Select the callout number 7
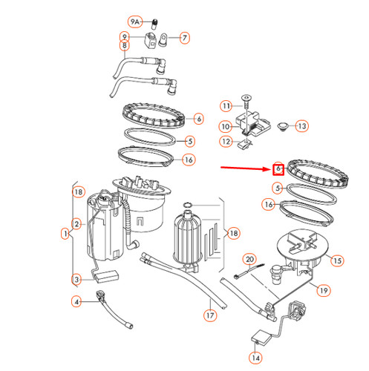point(184,36)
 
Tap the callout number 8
point(125,46)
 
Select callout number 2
point(76,223)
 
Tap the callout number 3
point(76,279)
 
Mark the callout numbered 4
point(76,301)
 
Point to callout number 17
point(210,315)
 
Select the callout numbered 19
point(323,291)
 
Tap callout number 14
point(255,358)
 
